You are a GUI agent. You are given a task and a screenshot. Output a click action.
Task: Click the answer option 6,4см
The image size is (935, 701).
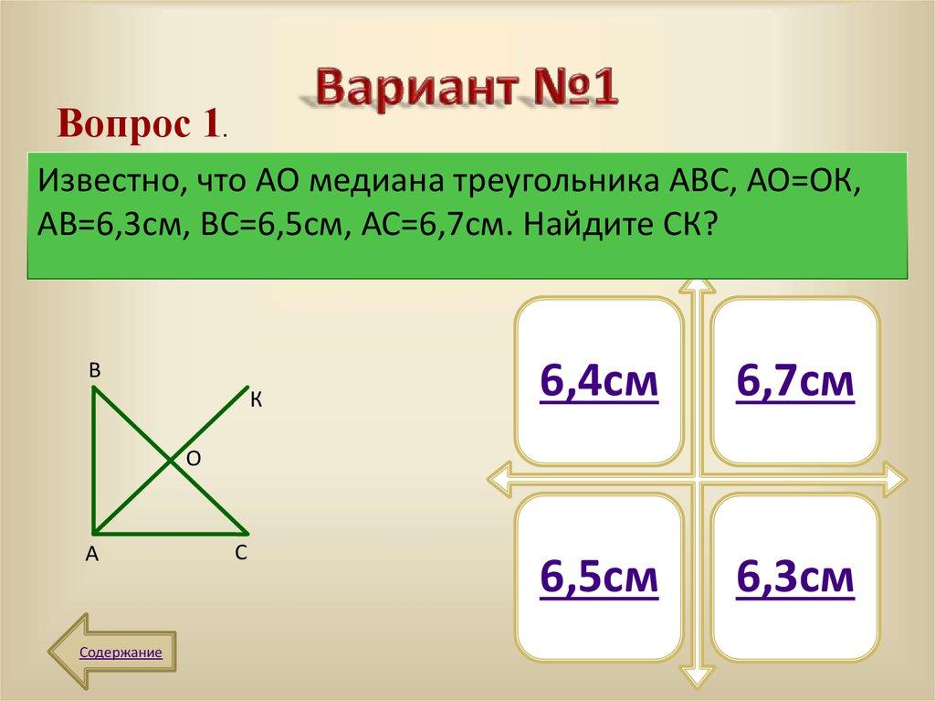click(598, 381)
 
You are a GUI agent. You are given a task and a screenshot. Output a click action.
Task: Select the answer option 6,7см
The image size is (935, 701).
click(794, 381)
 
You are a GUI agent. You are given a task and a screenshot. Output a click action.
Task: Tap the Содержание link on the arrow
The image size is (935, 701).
click(121, 653)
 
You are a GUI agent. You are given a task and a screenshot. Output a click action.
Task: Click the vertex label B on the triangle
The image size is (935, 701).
click(94, 371)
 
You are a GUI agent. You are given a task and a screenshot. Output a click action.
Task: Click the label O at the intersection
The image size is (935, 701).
click(194, 460)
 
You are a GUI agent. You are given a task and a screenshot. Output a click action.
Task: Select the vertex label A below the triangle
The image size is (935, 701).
click(91, 554)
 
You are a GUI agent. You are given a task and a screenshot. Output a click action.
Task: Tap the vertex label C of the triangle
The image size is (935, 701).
click(240, 553)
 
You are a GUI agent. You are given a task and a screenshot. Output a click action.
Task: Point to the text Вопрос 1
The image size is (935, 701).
click(139, 122)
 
